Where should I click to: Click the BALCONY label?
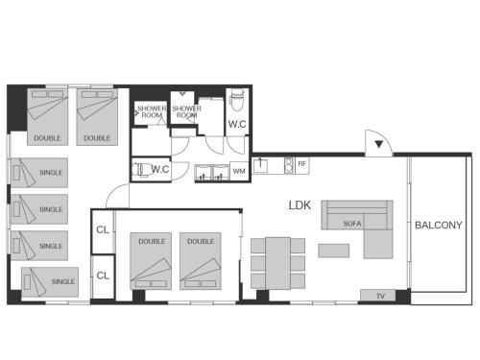tap(439, 226)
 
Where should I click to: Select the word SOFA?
tap(352, 224)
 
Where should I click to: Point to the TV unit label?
tap(379, 296)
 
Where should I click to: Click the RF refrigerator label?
tap(302, 165)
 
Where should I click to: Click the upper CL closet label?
tap(103, 230)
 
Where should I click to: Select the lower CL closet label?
tap(103, 276)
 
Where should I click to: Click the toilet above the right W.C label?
tap(238, 100)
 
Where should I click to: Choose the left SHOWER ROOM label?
tap(151, 111)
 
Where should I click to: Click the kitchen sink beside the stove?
tap(262, 165)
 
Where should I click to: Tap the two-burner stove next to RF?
tap(284, 165)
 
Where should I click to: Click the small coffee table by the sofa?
tap(333, 251)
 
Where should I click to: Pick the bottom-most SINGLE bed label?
tap(63, 281)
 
